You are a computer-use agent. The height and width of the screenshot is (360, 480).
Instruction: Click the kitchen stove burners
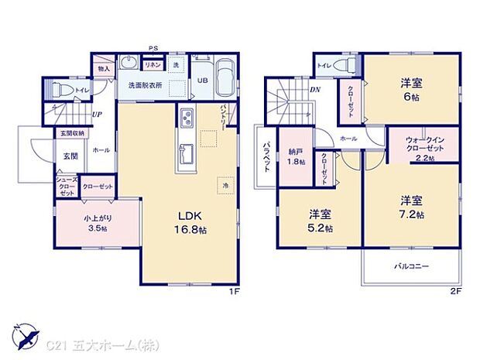pyautogui.click(x=187, y=119)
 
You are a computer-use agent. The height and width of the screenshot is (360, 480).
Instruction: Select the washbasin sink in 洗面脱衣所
pyautogui.click(x=129, y=64)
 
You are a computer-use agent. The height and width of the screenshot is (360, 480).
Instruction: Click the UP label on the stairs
pyautogui.click(x=95, y=115)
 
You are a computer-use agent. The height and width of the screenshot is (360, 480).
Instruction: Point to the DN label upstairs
pyautogui.click(x=317, y=89)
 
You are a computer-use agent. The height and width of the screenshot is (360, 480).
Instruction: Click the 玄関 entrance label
pyautogui.click(x=70, y=156)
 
